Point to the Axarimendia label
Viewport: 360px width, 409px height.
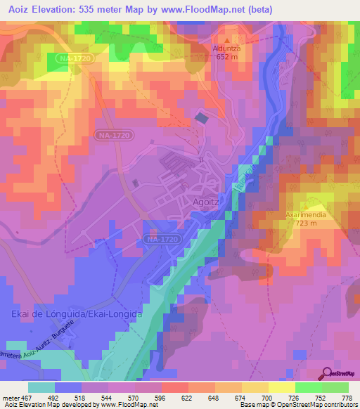pos(304,214)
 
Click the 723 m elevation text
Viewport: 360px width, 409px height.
pos(306,223)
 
